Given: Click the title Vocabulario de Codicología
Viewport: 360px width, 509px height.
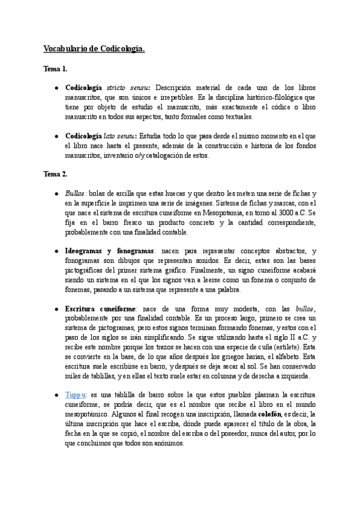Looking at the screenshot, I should point(94,49).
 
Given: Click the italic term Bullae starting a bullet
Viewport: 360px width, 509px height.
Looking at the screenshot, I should point(76,193).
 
